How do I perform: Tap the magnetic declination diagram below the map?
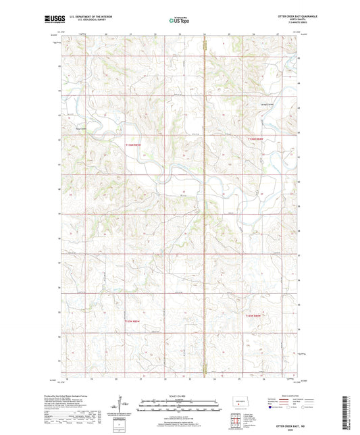121,409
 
